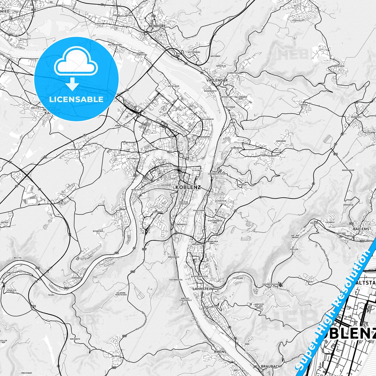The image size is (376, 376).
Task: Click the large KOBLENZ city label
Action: point(188,187)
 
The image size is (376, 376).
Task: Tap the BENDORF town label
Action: point(156,26)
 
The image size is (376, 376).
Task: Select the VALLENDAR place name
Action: point(217,80)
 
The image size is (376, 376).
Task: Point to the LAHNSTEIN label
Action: point(203,289)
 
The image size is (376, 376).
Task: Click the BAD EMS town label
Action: point(361,229)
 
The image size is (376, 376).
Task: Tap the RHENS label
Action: point(220,352)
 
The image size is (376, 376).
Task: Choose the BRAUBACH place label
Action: point(271,366)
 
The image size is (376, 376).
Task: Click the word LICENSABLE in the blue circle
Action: point(76,99)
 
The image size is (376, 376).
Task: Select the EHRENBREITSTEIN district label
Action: point(216,174)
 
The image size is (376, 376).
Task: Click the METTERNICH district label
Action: point(133,158)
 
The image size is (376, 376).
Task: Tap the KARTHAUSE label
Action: point(158,212)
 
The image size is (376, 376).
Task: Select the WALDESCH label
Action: point(116,356)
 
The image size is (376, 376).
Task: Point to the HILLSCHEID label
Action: point(339,66)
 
